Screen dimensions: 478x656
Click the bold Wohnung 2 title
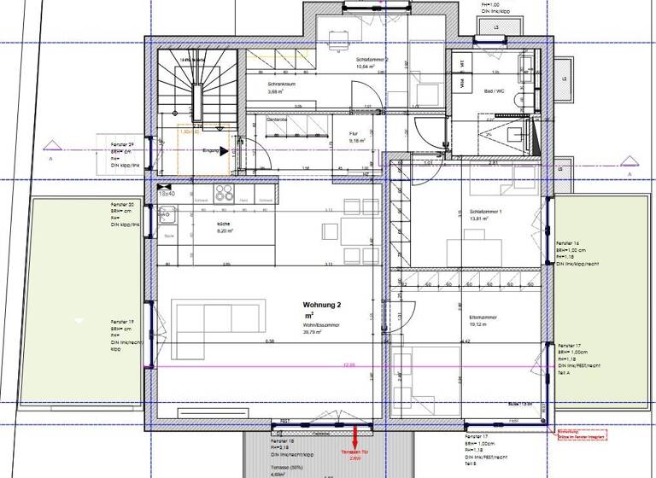pos(321,305)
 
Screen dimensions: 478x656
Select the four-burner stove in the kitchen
pos(225,194)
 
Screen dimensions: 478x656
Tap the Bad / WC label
pos(495,89)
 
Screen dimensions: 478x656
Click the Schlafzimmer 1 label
pos(474,212)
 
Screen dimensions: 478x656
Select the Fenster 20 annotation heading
pos(122,206)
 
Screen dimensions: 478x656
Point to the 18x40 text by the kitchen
pos(167,194)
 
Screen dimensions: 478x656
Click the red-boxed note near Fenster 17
pos(583,434)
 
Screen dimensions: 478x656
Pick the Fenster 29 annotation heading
pos(122,145)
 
